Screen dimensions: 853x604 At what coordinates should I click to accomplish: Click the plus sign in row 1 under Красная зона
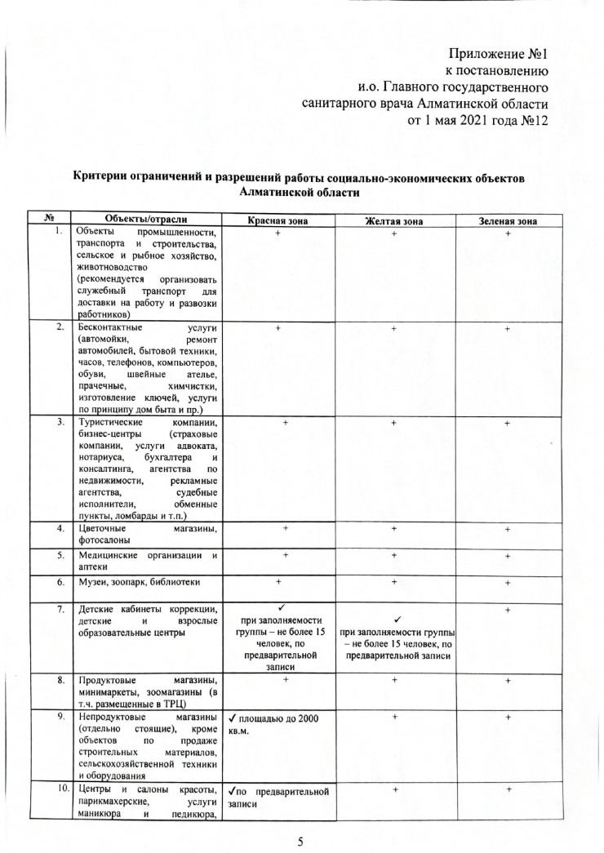click(278, 234)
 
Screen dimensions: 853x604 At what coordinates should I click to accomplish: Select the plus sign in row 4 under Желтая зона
click(393, 530)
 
